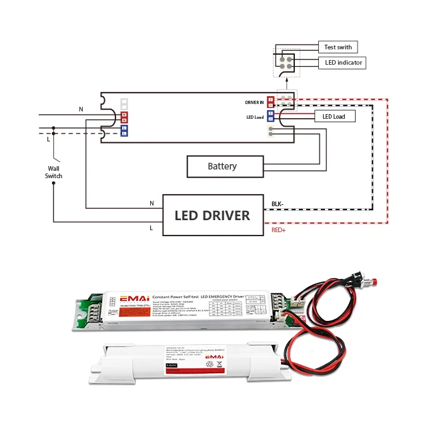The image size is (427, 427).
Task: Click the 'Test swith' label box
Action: [x=338, y=47]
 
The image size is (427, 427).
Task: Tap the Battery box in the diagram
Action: [x=222, y=165]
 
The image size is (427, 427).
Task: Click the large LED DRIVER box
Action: [x=212, y=215]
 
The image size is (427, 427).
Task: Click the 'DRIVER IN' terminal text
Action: [x=254, y=102]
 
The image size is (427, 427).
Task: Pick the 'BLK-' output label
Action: [x=278, y=204]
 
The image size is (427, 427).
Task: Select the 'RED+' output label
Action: [x=280, y=230]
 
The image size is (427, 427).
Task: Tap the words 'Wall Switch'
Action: [x=53, y=172]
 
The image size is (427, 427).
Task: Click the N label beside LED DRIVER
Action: [x=151, y=202]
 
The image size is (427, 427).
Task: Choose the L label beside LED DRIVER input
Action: [x=151, y=228]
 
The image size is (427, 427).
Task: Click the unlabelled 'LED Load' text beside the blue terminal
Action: [x=255, y=117]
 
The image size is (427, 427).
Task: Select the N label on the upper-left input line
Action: [x=81, y=109]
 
